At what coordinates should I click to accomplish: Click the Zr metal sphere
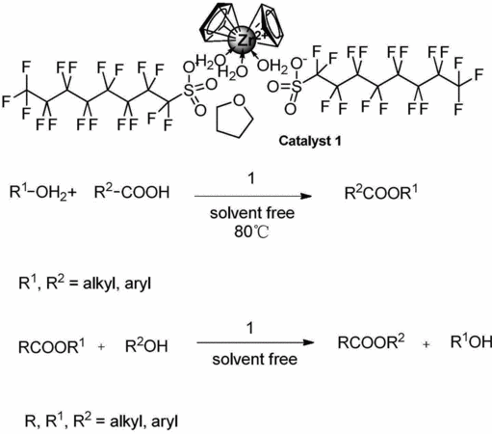pyautogui.click(x=242, y=41)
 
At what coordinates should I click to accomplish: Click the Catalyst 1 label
pyautogui.click(x=310, y=141)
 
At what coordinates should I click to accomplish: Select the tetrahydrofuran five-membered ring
pyautogui.click(x=235, y=117)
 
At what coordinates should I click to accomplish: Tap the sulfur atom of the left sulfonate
pyautogui.click(x=189, y=91)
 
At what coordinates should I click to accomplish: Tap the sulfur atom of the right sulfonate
pyautogui.click(x=298, y=87)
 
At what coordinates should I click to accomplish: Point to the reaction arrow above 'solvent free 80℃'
pyautogui.click(x=253, y=196)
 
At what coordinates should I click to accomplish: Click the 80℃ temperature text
pyautogui.click(x=251, y=231)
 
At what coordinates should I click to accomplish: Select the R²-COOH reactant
pyautogui.click(x=132, y=192)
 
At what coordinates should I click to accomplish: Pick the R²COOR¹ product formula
pyautogui.click(x=381, y=193)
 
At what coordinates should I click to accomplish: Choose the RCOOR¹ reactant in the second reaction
pyautogui.click(x=52, y=346)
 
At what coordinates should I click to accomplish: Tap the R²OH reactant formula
pyautogui.click(x=146, y=346)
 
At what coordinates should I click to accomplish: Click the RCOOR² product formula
pyautogui.click(x=371, y=341)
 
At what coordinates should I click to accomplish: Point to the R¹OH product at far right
pyautogui.click(x=471, y=341)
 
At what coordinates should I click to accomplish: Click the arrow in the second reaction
pyautogui.click(x=255, y=342)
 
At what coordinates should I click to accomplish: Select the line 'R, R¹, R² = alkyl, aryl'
pyautogui.click(x=101, y=420)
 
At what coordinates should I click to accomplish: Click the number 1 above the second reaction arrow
pyautogui.click(x=249, y=328)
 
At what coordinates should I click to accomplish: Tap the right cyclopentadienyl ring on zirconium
pyautogui.click(x=267, y=26)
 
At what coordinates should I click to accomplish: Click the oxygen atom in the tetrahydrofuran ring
pyautogui.click(x=239, y=100)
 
